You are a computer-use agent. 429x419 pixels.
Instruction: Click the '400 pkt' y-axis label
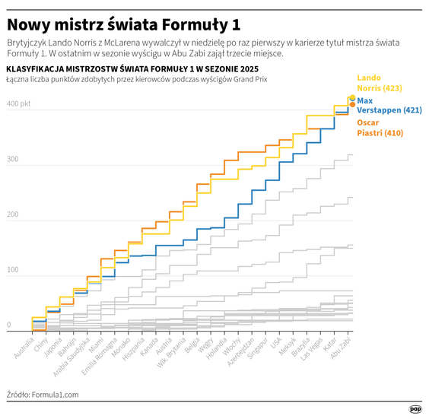tap(19, 103)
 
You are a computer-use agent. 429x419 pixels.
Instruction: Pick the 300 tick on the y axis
tap(13, 160)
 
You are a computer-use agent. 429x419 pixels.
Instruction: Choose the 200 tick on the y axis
tap(13, 215)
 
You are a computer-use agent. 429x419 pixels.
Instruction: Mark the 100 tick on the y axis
tap(13, 271)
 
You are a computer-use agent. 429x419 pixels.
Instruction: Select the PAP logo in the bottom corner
tap(415, 408)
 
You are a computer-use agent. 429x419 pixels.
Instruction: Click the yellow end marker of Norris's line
tap(351, 97)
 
